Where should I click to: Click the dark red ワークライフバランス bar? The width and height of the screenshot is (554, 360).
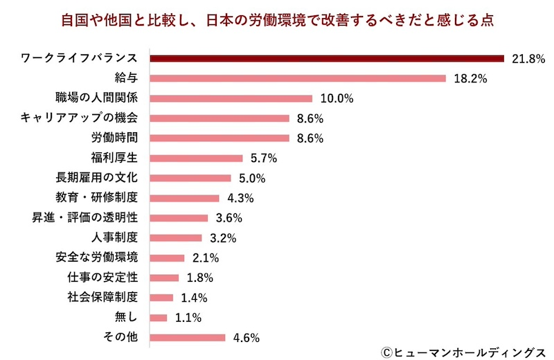coord(327,58)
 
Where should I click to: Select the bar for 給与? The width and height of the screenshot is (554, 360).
coord(298,78)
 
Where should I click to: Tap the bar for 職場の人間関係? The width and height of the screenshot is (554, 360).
coord(231,98)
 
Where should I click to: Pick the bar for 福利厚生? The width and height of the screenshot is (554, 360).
coord(197,158)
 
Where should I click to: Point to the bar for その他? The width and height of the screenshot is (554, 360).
coord(188,338)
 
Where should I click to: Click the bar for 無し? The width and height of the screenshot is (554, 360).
coord(159,318)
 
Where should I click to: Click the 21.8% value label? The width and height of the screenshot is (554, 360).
coord(528,58)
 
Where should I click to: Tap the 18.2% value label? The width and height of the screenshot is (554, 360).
coord(470,78)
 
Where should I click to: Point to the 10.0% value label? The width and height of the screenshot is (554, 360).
coord(337,98)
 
